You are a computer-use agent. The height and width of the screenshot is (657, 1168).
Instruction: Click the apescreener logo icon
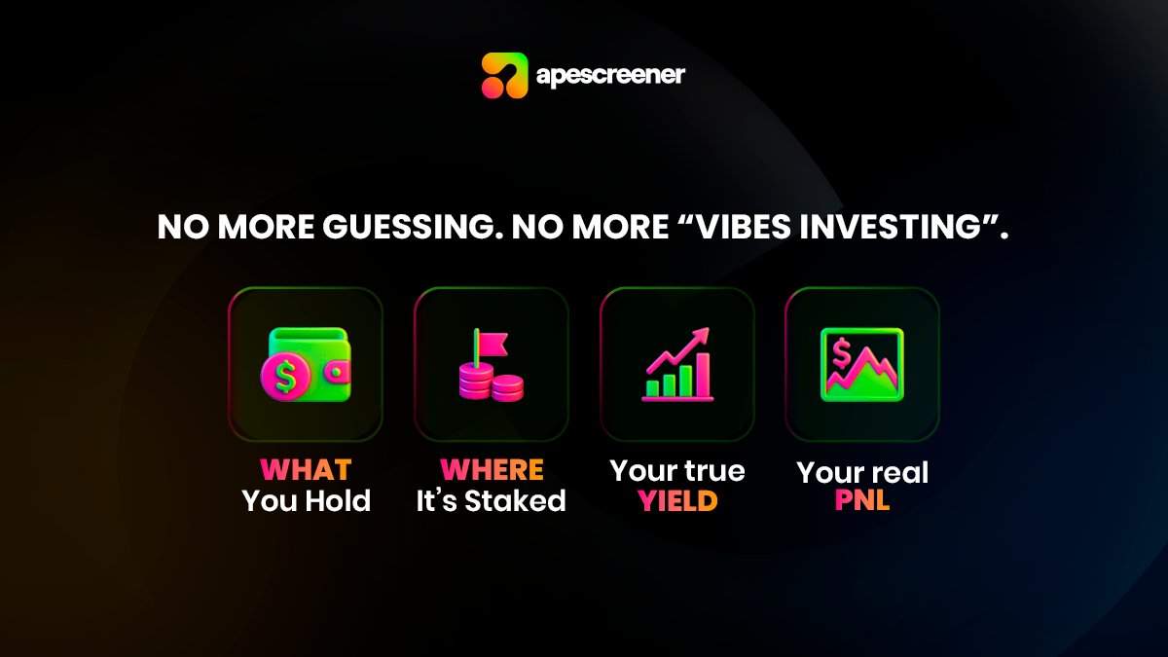[x=504, y=75]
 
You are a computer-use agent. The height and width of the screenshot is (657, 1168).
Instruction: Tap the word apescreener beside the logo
[x=610, y=75]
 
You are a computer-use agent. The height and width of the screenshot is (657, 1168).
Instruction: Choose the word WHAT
[x=305, y=471]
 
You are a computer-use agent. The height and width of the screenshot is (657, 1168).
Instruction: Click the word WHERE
[x=492, y=471]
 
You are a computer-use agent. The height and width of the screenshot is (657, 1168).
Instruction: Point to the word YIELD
[x=677, y=501]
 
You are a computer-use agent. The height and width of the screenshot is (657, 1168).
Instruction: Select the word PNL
[x=862, y=503]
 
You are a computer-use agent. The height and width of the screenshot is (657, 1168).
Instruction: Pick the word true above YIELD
[x=715, y=471]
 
